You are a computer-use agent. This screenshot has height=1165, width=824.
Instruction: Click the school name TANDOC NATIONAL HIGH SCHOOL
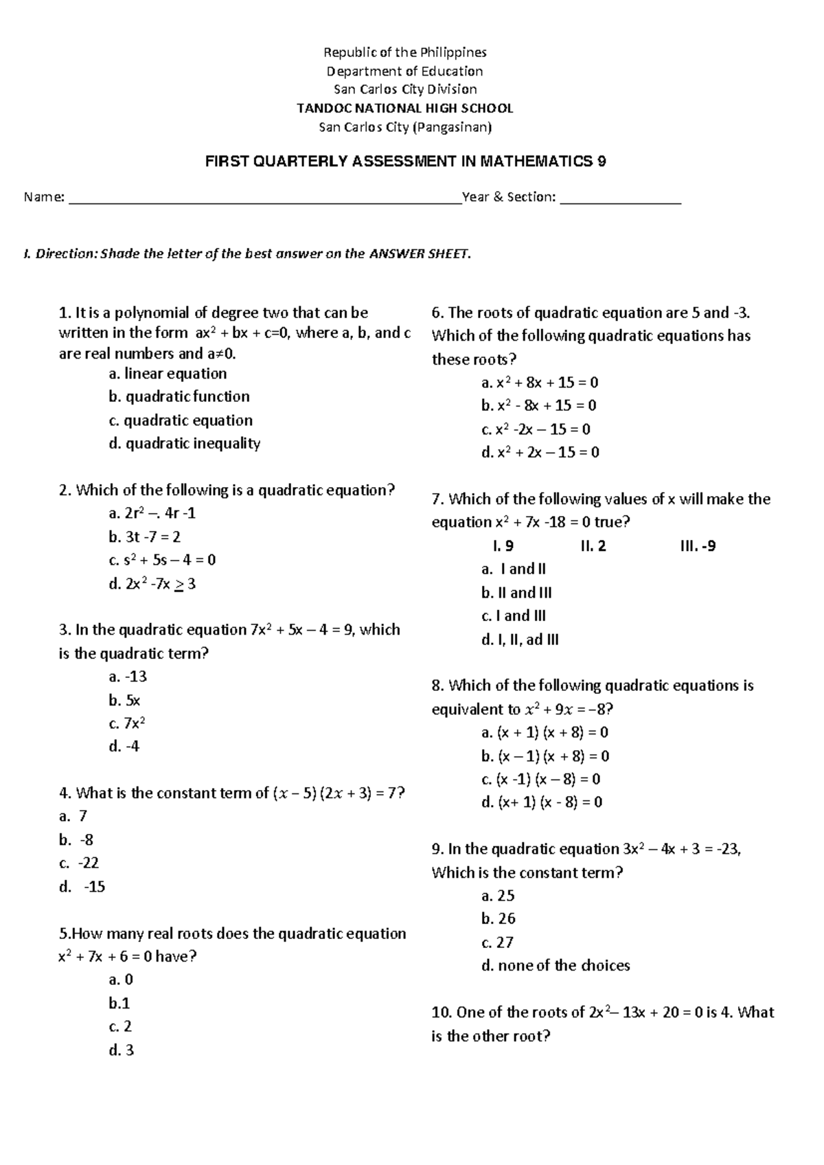click(x=404, y=108)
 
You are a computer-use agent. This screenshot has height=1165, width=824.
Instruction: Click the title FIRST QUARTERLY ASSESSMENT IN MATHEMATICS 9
click(x=406, y=162)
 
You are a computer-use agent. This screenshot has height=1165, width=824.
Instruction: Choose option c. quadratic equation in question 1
click(x=181, y=420)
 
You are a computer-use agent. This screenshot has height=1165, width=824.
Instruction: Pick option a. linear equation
click(x=168, y=374)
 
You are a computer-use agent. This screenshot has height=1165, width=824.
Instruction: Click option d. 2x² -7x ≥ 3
click(x=152, y=583)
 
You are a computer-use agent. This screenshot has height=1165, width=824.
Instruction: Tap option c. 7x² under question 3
click(x=127, y=723)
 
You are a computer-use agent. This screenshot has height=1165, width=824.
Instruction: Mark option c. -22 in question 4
click(x=79, y=863)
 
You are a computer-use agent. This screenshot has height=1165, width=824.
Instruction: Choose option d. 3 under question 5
click(x=121, y=1050)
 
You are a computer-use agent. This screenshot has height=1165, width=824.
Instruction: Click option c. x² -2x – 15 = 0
click(x=536, y=429)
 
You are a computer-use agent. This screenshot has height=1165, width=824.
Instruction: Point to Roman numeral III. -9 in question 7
click(x=696, y=546)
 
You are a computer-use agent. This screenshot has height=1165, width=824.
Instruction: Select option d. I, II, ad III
click(x=520, y=640)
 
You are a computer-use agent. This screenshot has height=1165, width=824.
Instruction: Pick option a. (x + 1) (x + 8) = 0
click(x=545, y=732)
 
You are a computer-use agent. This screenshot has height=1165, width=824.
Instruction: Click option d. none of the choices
click(x=556, y=965)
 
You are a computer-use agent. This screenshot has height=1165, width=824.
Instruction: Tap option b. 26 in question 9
click(x=498, y=918)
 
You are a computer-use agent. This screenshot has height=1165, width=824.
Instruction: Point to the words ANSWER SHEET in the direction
click(x=420, y=254)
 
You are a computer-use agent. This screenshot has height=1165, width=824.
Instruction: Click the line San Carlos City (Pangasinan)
click(x=405, y=127)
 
